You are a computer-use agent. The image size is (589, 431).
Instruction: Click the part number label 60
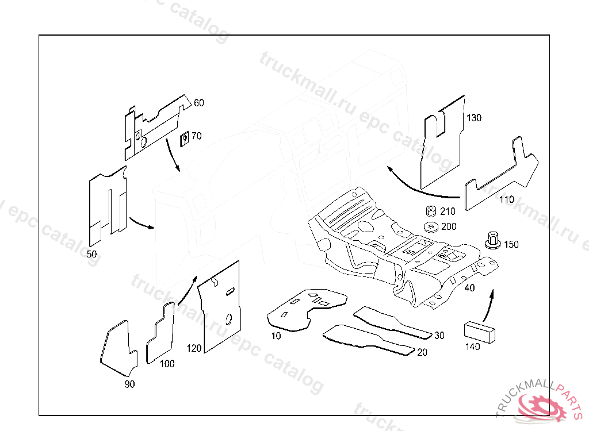click(x=198, y=103)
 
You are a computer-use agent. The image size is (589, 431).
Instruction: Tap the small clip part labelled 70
click(x=185, y=138)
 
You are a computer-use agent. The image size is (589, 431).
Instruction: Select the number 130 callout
click(x=474, y=118)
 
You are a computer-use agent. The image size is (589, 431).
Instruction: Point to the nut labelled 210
click(x=430, y=211)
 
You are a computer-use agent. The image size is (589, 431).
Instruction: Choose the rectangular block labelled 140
click(x=479, y=332)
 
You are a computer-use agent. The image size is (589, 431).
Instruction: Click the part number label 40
click(x=469, y=288)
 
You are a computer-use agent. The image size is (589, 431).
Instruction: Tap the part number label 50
click(x=91, y=253)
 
